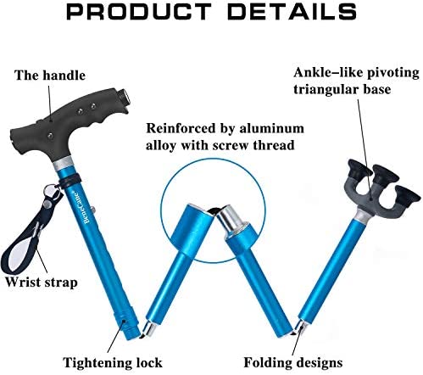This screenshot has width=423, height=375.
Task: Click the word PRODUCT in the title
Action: pos(138,12)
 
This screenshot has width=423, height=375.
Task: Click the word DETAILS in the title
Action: pos(292,12)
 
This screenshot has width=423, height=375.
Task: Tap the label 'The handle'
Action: pos(50,76)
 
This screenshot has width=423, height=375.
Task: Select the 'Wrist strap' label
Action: pos(42,283)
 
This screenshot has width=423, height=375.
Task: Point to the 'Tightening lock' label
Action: pos(113,362)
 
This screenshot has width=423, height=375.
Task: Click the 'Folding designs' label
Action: pos(293,362)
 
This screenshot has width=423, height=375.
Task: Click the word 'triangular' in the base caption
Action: pos(326,89)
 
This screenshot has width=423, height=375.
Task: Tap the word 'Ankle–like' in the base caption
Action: pos(326,72)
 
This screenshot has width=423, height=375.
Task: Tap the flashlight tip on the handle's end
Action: pos(124,98)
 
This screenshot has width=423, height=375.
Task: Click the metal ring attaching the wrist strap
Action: pos(51,189)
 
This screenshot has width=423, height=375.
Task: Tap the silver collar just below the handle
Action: pos(64,164)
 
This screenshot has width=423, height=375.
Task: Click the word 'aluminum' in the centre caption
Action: pos(272,128)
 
